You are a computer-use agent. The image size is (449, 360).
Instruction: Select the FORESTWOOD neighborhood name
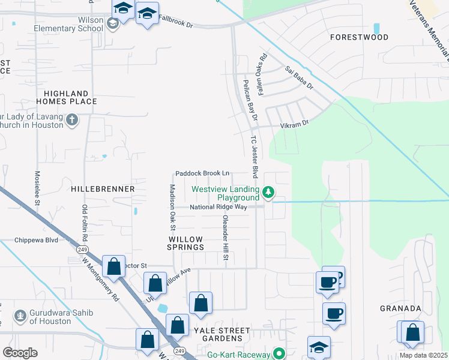(360, 37)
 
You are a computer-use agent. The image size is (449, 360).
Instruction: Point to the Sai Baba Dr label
(300, 78)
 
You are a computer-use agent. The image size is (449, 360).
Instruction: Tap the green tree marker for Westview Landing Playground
(269, 193)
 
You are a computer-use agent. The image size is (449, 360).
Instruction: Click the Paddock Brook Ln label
(202, 173)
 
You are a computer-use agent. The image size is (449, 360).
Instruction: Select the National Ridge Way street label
(218, 207)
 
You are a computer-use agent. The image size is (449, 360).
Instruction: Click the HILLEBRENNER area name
(103, 188)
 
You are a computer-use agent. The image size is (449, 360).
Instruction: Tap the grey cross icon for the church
(72, 120)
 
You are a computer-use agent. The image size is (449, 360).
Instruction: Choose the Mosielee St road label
(37, 187)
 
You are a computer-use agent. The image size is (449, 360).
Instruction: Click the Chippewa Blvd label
(36, 240)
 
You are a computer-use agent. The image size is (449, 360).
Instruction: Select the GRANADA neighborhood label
(400, 308)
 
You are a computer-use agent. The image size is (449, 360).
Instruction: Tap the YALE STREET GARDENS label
(221, 335)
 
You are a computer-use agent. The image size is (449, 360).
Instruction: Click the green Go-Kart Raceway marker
(279, 354)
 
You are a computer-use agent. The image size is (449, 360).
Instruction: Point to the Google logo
(20, 353)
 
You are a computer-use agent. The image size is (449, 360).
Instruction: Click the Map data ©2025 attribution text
(423, 355)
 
